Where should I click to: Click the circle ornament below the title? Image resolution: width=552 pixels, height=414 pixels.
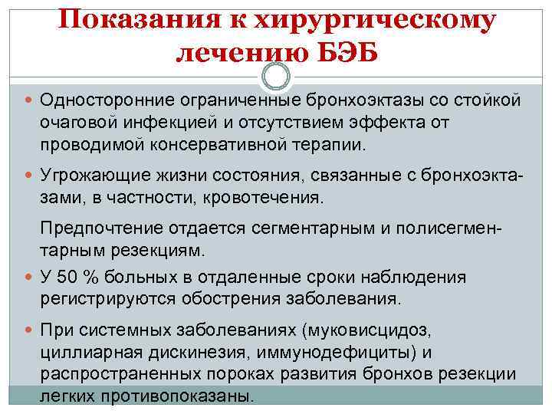point(276,77)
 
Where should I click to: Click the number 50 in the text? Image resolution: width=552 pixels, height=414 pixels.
point(70,277)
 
